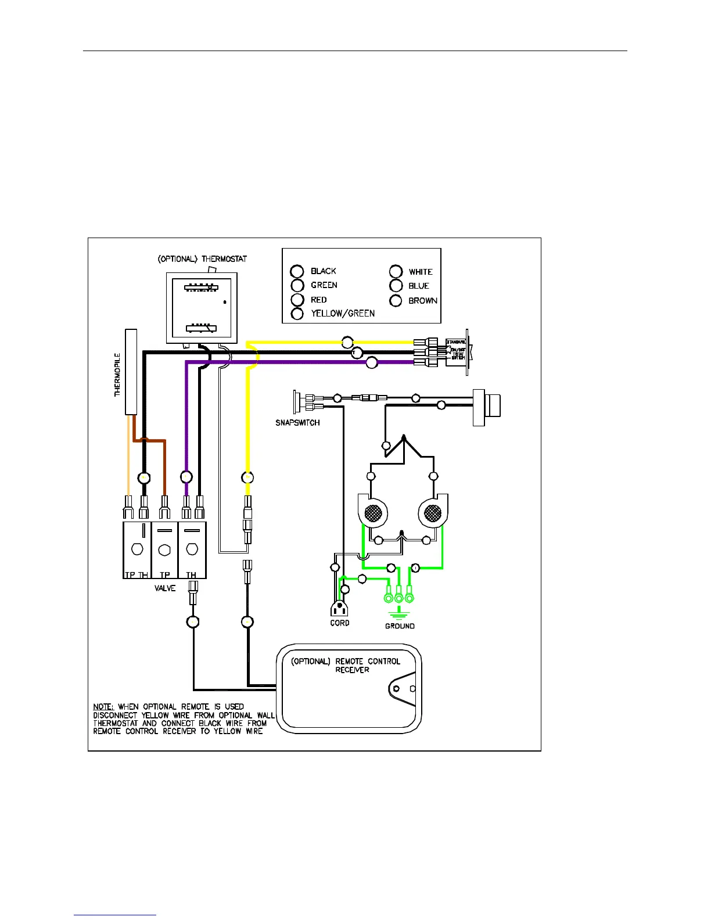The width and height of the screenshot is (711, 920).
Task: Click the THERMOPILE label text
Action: (x=118, y=374)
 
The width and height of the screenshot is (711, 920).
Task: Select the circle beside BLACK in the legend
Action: (x=297, y=271)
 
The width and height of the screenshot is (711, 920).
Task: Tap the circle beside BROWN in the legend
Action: (x=396, y=300)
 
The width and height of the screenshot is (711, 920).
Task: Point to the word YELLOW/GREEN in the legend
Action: (x=343, y=314)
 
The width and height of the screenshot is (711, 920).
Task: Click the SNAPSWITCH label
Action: (x=297, y=423)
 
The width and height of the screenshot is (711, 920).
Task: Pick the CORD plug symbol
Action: (x=339, y=609)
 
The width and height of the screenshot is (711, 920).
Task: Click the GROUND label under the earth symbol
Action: (x=400, y=626)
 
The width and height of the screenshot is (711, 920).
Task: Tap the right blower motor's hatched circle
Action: (x=433, y=513)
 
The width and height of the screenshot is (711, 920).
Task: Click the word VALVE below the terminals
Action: (x=165, y=588)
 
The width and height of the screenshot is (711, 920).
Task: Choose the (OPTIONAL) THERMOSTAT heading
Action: (x=202, y=259)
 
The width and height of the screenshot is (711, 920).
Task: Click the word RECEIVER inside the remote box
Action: (x=352, y=670)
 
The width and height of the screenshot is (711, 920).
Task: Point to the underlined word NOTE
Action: (x=103, y=707)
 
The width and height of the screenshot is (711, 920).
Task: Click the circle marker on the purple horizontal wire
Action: (x=372, y=363)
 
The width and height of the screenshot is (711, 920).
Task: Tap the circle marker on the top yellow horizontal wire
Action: (x=347, y=342)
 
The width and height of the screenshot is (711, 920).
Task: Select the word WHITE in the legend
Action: (x=421, y=272)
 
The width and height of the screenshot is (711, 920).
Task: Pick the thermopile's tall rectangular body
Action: (x=131, y=372)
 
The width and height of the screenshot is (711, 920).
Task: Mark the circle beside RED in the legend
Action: (x=297, y=300)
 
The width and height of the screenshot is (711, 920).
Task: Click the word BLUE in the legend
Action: (x=419, y=286)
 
